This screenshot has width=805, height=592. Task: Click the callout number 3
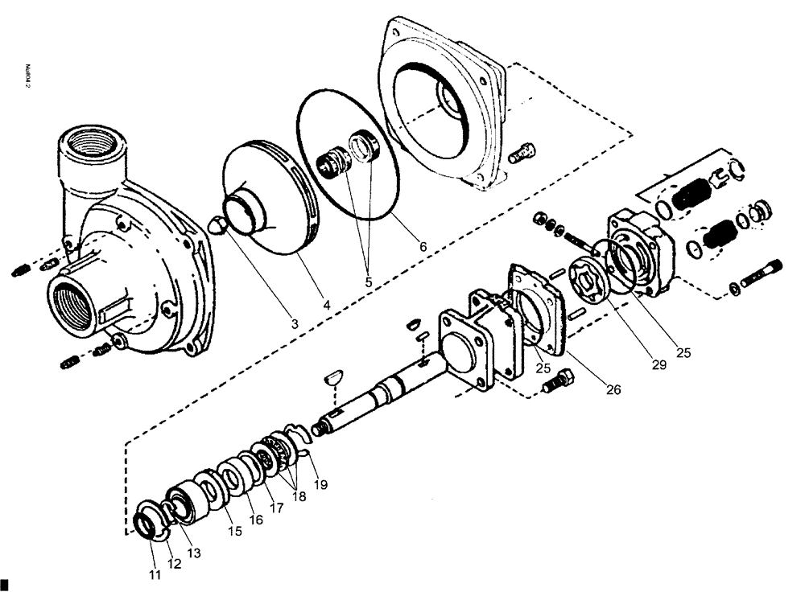(295, 323)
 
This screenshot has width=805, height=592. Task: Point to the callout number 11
(154, 574)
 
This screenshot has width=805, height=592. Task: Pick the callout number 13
(195, 553)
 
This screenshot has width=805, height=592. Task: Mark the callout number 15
(235, 531)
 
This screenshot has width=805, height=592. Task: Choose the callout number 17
(277, 508)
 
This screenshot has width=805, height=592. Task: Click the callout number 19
(320, 484)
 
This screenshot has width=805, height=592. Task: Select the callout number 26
(613, 390)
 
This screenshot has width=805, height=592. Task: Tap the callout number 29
(659, 364)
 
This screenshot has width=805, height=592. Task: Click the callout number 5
(369, 283)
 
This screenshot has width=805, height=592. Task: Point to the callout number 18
(299, 496)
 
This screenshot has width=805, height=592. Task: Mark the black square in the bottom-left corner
(4, 583)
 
